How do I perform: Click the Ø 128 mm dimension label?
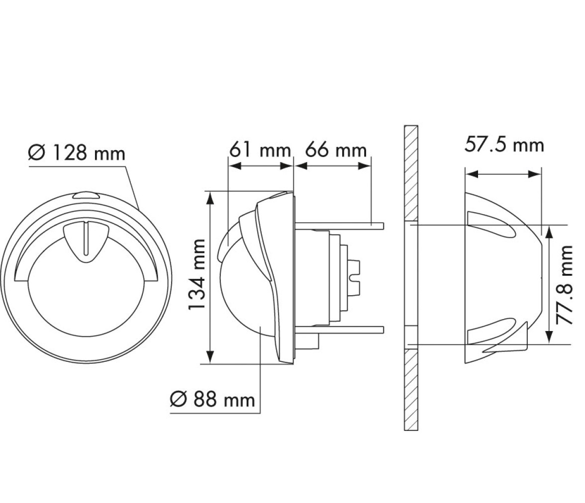[77, 153]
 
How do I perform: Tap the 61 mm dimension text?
[260, 150]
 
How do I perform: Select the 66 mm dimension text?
[336, 150]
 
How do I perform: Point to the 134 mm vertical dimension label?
[196, 274]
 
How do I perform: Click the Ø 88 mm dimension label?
[212, 399]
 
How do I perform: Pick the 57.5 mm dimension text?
[504, 144]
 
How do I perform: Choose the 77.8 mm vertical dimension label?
[563, 285]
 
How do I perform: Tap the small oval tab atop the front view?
[86, 195]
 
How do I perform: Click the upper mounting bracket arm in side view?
[339, 226]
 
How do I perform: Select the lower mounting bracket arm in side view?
[339, 330]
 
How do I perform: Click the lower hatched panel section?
[411, 390]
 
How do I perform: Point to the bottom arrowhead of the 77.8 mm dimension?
[549, 337]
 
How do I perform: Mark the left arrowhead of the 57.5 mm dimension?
[472, 174]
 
